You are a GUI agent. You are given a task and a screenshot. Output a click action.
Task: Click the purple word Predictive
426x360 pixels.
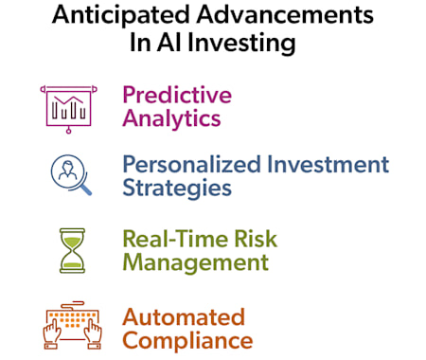177,95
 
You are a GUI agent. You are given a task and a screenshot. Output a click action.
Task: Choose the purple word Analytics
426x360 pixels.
171,118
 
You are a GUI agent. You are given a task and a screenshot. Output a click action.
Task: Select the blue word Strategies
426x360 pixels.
177,187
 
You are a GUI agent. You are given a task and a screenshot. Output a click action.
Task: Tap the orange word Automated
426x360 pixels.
184,316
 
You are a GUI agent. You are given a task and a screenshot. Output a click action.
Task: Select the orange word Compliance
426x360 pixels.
187,340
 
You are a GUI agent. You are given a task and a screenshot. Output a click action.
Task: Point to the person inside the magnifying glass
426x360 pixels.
67,171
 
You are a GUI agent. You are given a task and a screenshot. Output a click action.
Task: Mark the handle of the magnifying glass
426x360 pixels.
85,189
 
